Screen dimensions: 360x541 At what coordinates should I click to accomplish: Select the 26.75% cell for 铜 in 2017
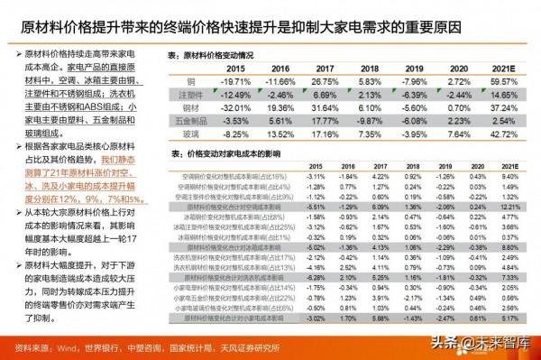point(323,82)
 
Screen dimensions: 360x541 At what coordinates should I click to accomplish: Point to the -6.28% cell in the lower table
point(314,280)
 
